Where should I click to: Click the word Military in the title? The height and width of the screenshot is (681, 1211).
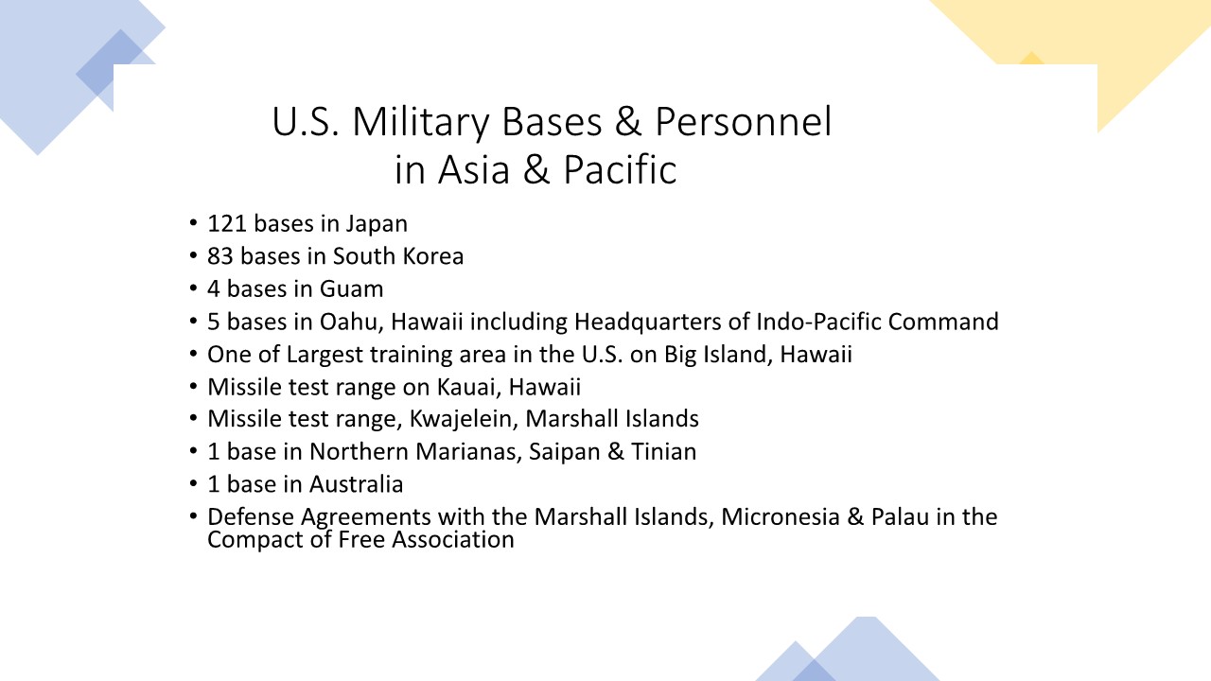point(421,123)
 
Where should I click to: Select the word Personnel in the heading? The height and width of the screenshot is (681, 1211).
point(744,121)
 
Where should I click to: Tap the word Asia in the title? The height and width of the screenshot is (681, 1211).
point(474,169)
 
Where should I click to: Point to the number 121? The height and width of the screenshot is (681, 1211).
point(227,224)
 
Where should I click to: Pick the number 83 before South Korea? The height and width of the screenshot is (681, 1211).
point(220,256)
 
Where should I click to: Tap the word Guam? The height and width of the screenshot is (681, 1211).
point(351,288)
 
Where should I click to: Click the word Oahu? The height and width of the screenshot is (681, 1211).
point(351,323)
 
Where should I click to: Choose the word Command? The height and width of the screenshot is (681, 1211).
point(943,322)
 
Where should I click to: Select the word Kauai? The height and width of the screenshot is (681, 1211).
point(469,388)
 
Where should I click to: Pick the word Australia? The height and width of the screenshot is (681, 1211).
point(357,484)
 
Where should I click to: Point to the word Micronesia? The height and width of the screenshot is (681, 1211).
point(781,517)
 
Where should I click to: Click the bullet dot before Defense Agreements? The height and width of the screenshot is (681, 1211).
point(193,516)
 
